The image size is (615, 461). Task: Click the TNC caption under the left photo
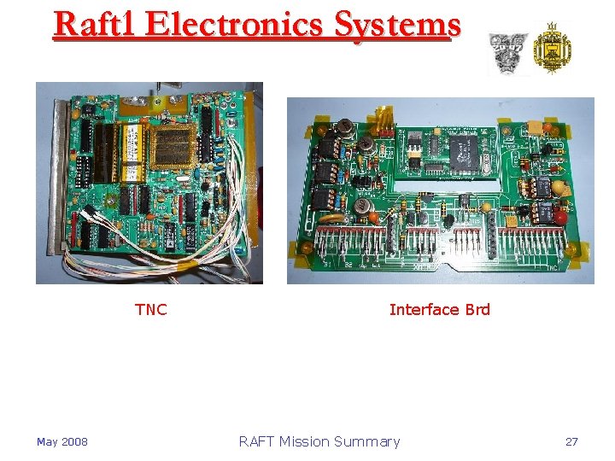[x=151, y=309]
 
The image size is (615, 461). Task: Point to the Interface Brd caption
[x=439, y=309]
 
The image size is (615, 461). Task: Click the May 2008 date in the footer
[x=61, y=441]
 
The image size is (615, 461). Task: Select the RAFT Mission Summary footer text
[x=319, y=441]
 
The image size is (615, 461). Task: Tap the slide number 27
[x=571, y=441]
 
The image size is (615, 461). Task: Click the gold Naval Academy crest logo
[x=552, y=49]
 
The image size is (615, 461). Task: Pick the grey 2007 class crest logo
[x=507, y=53]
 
